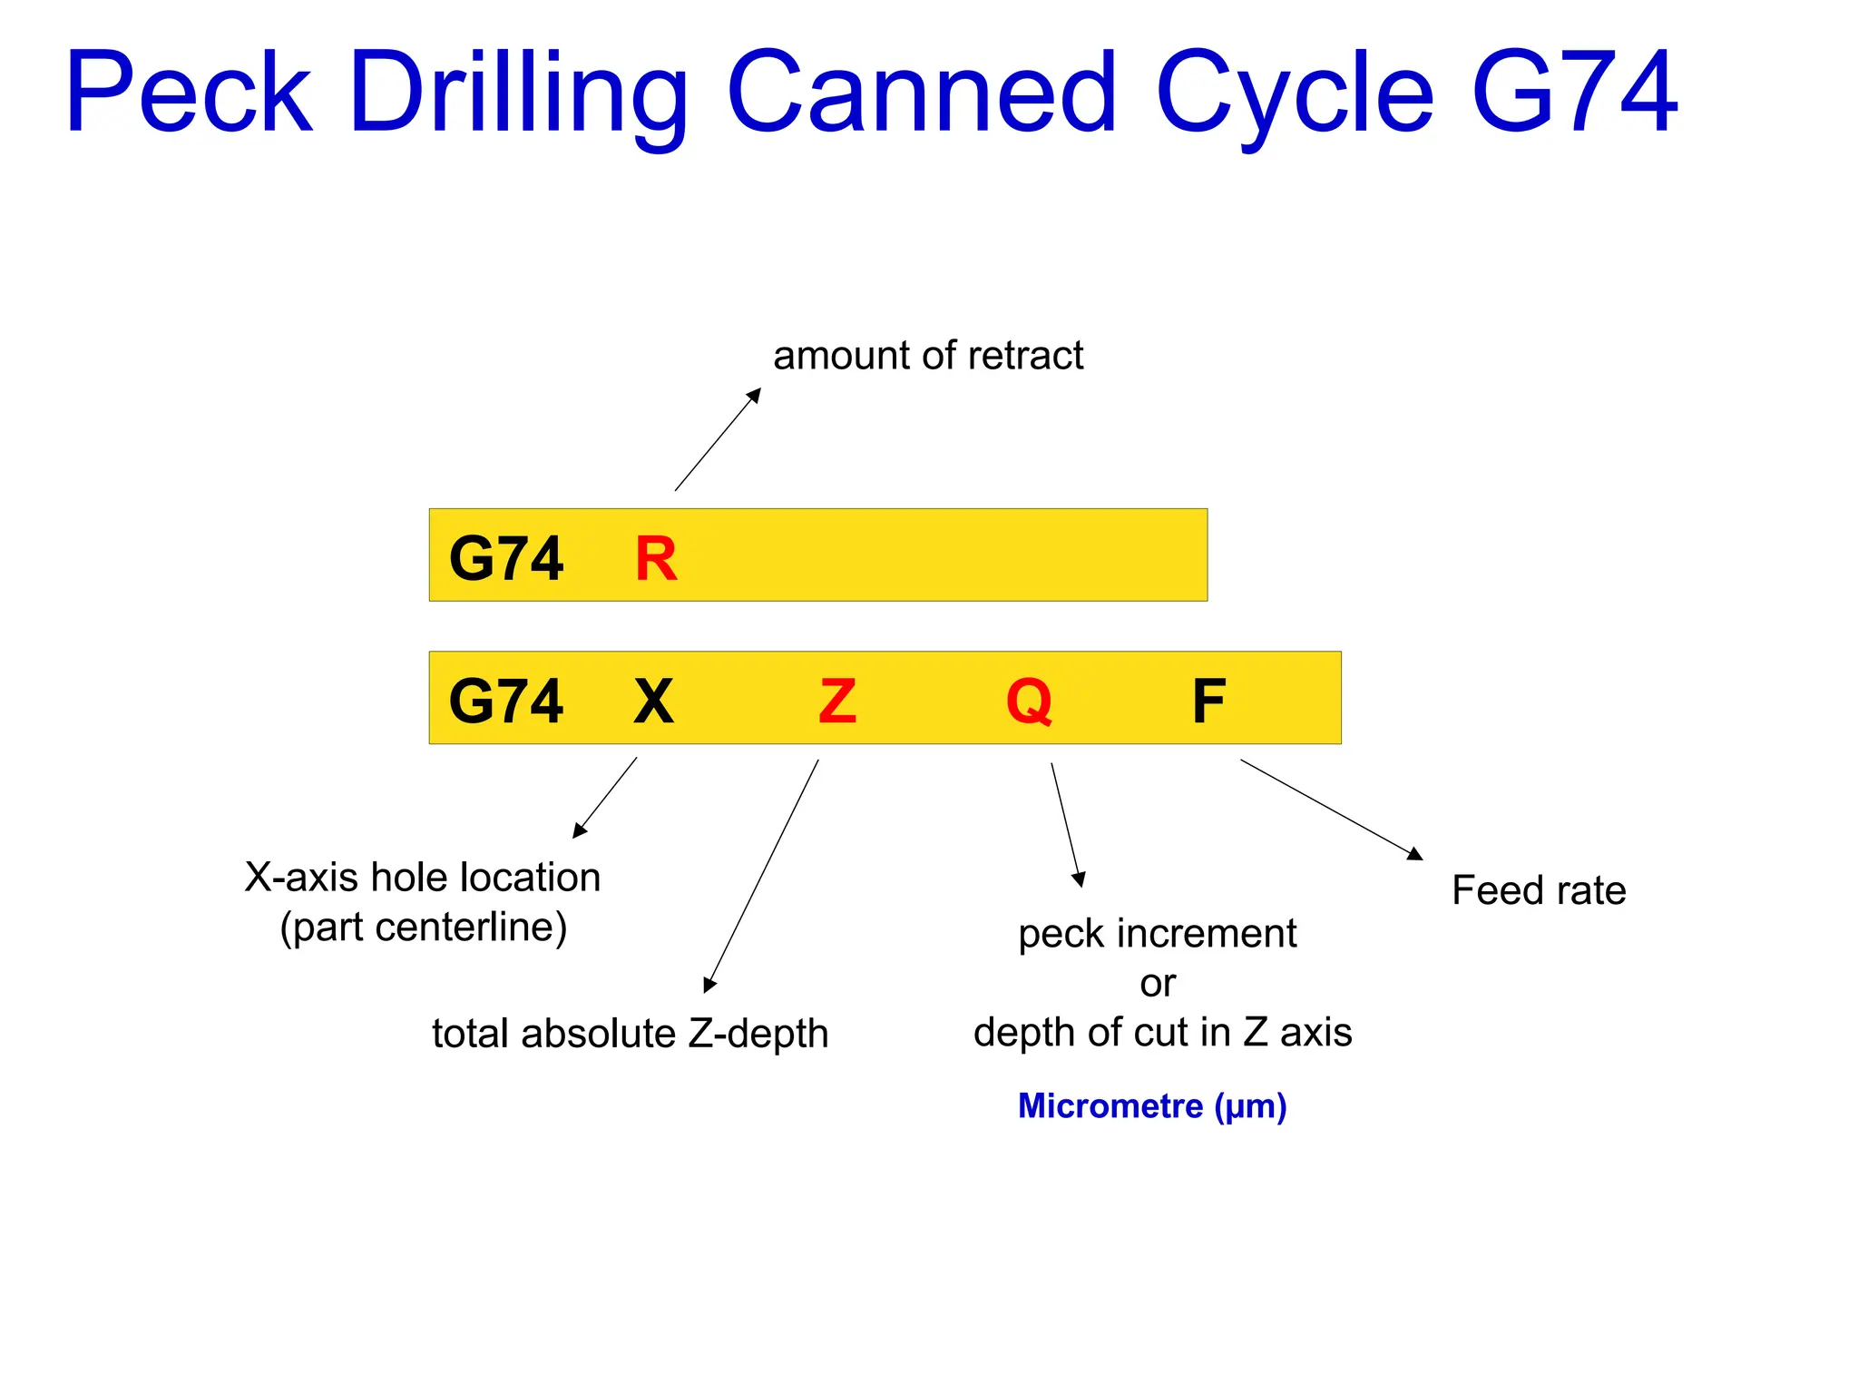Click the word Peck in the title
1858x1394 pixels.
click(189, 93)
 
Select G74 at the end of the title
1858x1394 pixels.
click(1575, 93)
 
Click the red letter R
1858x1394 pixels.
click(656, 558)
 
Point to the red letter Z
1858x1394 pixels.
click(837, 701)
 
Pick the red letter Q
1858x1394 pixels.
click(1029, 701)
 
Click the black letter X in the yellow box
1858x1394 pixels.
click(653, 701)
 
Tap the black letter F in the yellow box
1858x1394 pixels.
click(1208, 701)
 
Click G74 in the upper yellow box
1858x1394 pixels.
click(506, 558)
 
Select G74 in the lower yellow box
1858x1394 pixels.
click(506, 701)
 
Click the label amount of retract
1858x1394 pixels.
click(928, 355)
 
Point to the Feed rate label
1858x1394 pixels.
click(1539, 890)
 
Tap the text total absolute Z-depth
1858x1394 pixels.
click(631, 1033)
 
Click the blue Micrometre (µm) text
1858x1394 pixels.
click(1152, 1105)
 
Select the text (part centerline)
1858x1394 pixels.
click(424, 927)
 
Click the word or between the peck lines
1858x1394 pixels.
click(1158, 983)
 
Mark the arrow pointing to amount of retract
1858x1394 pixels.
click(718, 439)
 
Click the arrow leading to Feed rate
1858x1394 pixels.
click(1331, 810)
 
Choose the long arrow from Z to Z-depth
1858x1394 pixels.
click(762, 876)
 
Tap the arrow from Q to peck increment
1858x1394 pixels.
click(1066, 824)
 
